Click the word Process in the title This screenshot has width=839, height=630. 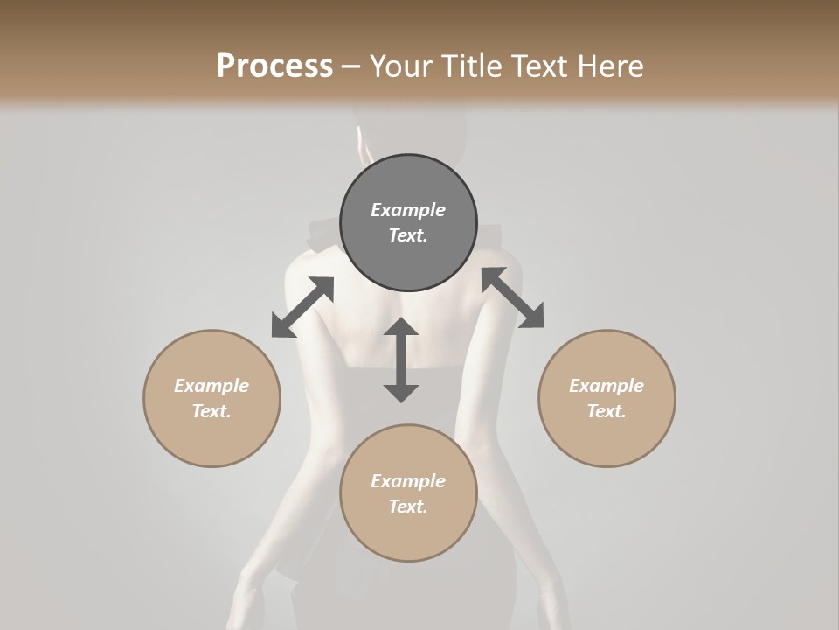[x=274, y=66]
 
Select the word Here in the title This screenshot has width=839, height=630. [x=611, y=66]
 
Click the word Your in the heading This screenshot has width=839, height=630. [x=400, y=66]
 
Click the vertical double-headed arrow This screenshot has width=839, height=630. [x=401, y=360]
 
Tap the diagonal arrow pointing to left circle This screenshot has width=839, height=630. [x=302, y=307]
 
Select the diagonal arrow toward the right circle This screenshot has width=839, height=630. [x=512, y=297]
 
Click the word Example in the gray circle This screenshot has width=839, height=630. [x=408, y=210]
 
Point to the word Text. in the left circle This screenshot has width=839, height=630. [x=211, y=411]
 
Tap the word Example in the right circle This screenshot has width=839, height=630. [x=607, y=386]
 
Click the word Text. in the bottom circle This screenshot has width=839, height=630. [x=408, y=507]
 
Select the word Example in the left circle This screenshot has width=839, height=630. [x=211, y=386]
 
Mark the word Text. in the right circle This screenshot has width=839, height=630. [x=607, y=411]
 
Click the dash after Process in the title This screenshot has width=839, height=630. [x=350, y=66]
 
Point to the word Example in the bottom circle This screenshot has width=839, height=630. [x=408, y=481]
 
